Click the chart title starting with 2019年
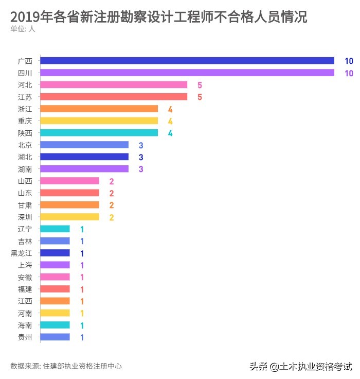[158, 17]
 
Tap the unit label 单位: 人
[23, 29]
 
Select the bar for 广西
[187, 61]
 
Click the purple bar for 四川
[187, 73]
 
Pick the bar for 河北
[114, 84]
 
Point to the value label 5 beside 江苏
[200, 97]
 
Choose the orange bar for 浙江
[99, 109]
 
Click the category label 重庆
[25, 120]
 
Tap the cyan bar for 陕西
[99, 133]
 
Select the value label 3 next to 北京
[140, 145]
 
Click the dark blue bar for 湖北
[84, 157]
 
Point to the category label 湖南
[25, 169]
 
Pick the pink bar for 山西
[69, 181]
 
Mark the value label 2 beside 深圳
[111, 217]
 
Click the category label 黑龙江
[22, 253]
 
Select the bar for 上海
[55, 265]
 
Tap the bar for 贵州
[55, 337]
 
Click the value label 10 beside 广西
[349, 61]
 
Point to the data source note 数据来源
[66, 366]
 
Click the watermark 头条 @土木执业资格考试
[301, 367]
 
